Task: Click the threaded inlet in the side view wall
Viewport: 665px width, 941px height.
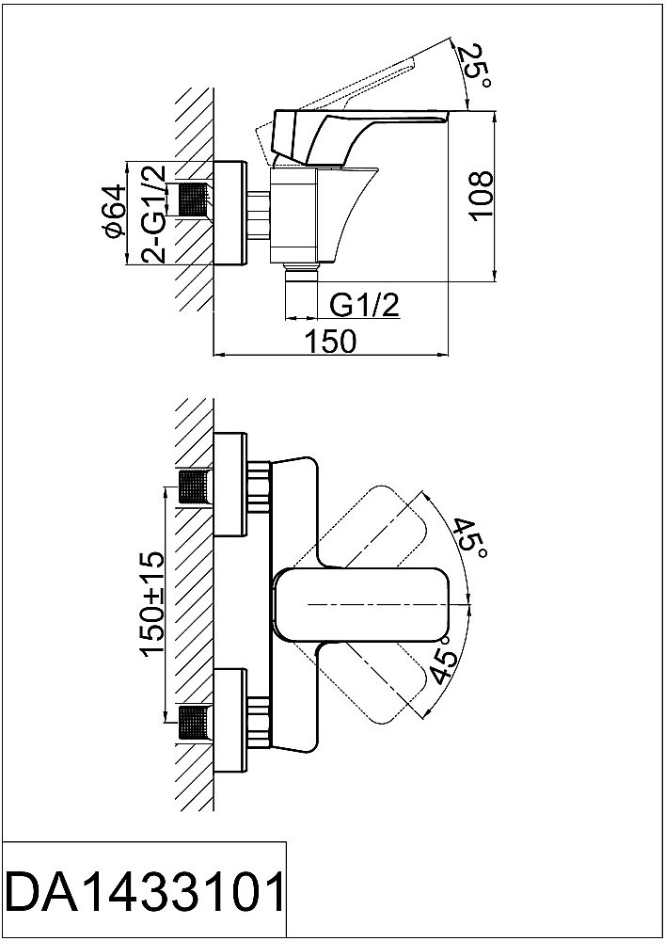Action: [193, 201]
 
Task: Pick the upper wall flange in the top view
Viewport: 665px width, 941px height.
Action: [231, 486]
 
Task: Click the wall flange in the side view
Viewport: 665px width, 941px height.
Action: [231, 215]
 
